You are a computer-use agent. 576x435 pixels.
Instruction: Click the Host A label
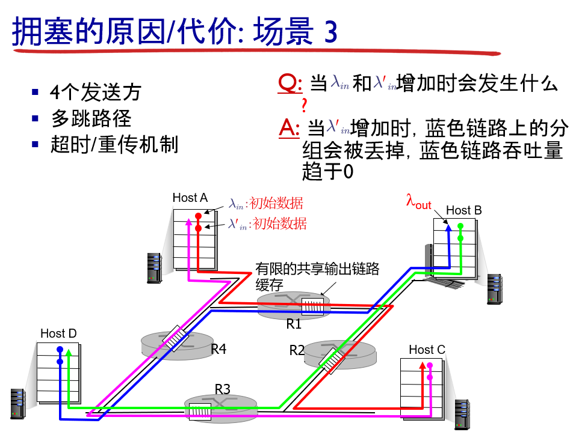190,198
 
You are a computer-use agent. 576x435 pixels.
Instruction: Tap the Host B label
463,210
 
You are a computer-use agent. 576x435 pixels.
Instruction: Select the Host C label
427,350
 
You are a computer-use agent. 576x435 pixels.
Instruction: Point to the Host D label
58,333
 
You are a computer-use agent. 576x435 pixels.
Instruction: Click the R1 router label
294,324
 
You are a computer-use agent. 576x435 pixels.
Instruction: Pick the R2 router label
297,350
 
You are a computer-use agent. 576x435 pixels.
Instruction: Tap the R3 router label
223,389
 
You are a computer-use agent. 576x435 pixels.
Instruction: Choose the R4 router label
218,349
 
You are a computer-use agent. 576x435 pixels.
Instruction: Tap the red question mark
305,106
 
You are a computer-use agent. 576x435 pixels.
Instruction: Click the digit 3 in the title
330,32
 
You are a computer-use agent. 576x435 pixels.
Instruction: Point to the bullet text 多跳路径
91,118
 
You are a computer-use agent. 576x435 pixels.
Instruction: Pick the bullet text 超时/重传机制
114,145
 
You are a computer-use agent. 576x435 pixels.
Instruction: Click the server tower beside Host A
154,267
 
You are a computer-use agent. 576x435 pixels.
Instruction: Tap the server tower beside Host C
462,414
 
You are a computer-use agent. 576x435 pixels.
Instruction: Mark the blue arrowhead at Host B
448,227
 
